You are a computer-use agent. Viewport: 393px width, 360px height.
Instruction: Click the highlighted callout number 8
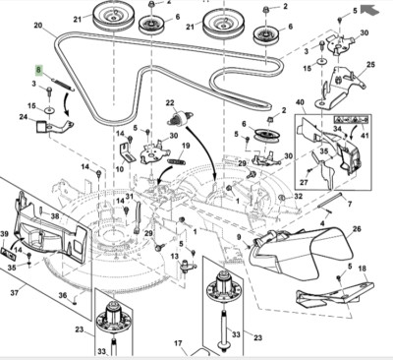tap(39, 70)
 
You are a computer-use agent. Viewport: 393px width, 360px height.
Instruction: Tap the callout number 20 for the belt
tap(38, 25)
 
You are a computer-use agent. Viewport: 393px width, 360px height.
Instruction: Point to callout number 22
tap(169, 102)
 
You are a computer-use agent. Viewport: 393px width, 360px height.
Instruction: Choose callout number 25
tap(369, 65)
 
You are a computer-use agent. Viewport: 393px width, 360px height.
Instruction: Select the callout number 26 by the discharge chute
tap(356, 229)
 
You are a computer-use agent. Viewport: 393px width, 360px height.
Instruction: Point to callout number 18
tap(362, 270)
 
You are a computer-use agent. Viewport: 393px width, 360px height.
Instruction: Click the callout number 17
tap(179, 343)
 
